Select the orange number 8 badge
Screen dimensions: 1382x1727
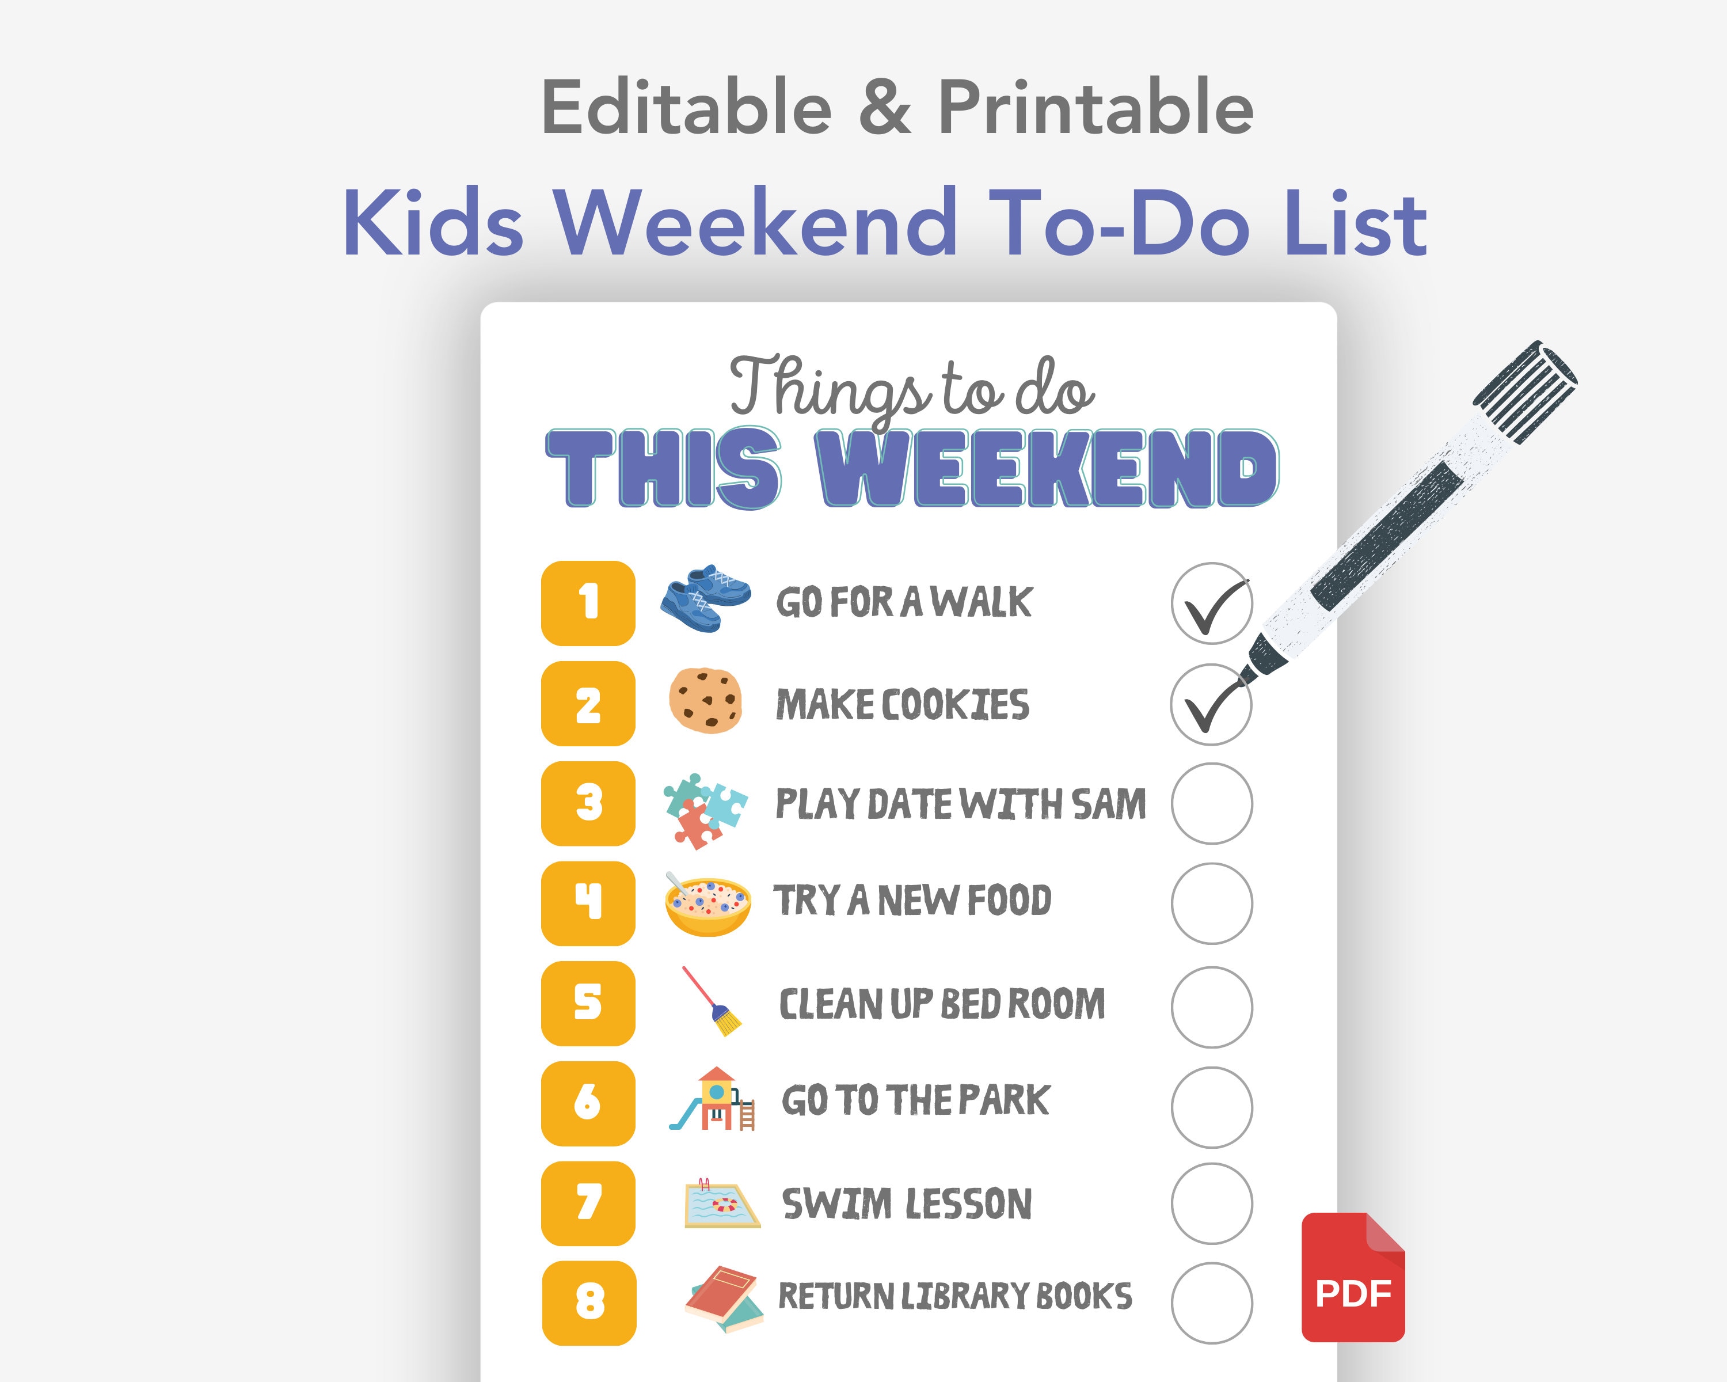(589, 1303)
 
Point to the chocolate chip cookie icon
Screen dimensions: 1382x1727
(705, 700)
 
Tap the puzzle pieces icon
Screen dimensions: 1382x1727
(704, 809)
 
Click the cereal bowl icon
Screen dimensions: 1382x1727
(707, 905)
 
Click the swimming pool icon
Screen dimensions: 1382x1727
(721, 1203)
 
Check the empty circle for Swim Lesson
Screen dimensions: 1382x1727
(1211, 1203)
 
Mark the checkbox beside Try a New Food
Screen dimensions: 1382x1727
(1211, 903)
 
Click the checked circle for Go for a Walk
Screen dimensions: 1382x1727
(1211, 603)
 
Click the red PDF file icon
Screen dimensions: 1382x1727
(1353, 1278)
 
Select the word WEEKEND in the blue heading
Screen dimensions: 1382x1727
(1046, 469)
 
